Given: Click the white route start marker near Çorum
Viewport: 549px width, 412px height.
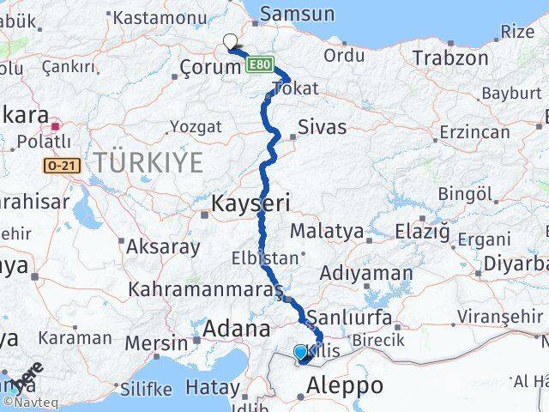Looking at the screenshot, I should pos(230,39).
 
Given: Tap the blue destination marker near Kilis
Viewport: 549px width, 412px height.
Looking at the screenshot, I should pos(299,352).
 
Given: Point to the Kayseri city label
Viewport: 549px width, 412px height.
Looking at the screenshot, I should pos(251,203).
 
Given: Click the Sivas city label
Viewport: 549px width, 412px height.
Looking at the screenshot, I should pos(323,127).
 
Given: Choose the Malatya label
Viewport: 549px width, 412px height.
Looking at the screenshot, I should pos(327,231).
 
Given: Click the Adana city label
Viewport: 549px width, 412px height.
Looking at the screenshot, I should pos(237,328).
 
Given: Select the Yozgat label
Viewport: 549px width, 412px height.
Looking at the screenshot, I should pos(196,127).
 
